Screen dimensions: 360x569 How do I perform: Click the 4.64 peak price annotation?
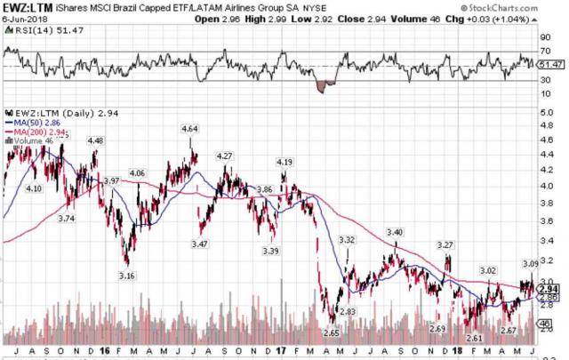(x=189, y=129)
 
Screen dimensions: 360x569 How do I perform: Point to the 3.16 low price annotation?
(x=126, y=276)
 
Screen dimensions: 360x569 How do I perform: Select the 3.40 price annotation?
(x=394, y=232)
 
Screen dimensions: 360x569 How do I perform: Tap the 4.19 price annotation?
(x=285, y=162)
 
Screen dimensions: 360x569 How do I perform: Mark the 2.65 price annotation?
(x=332, y=332)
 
